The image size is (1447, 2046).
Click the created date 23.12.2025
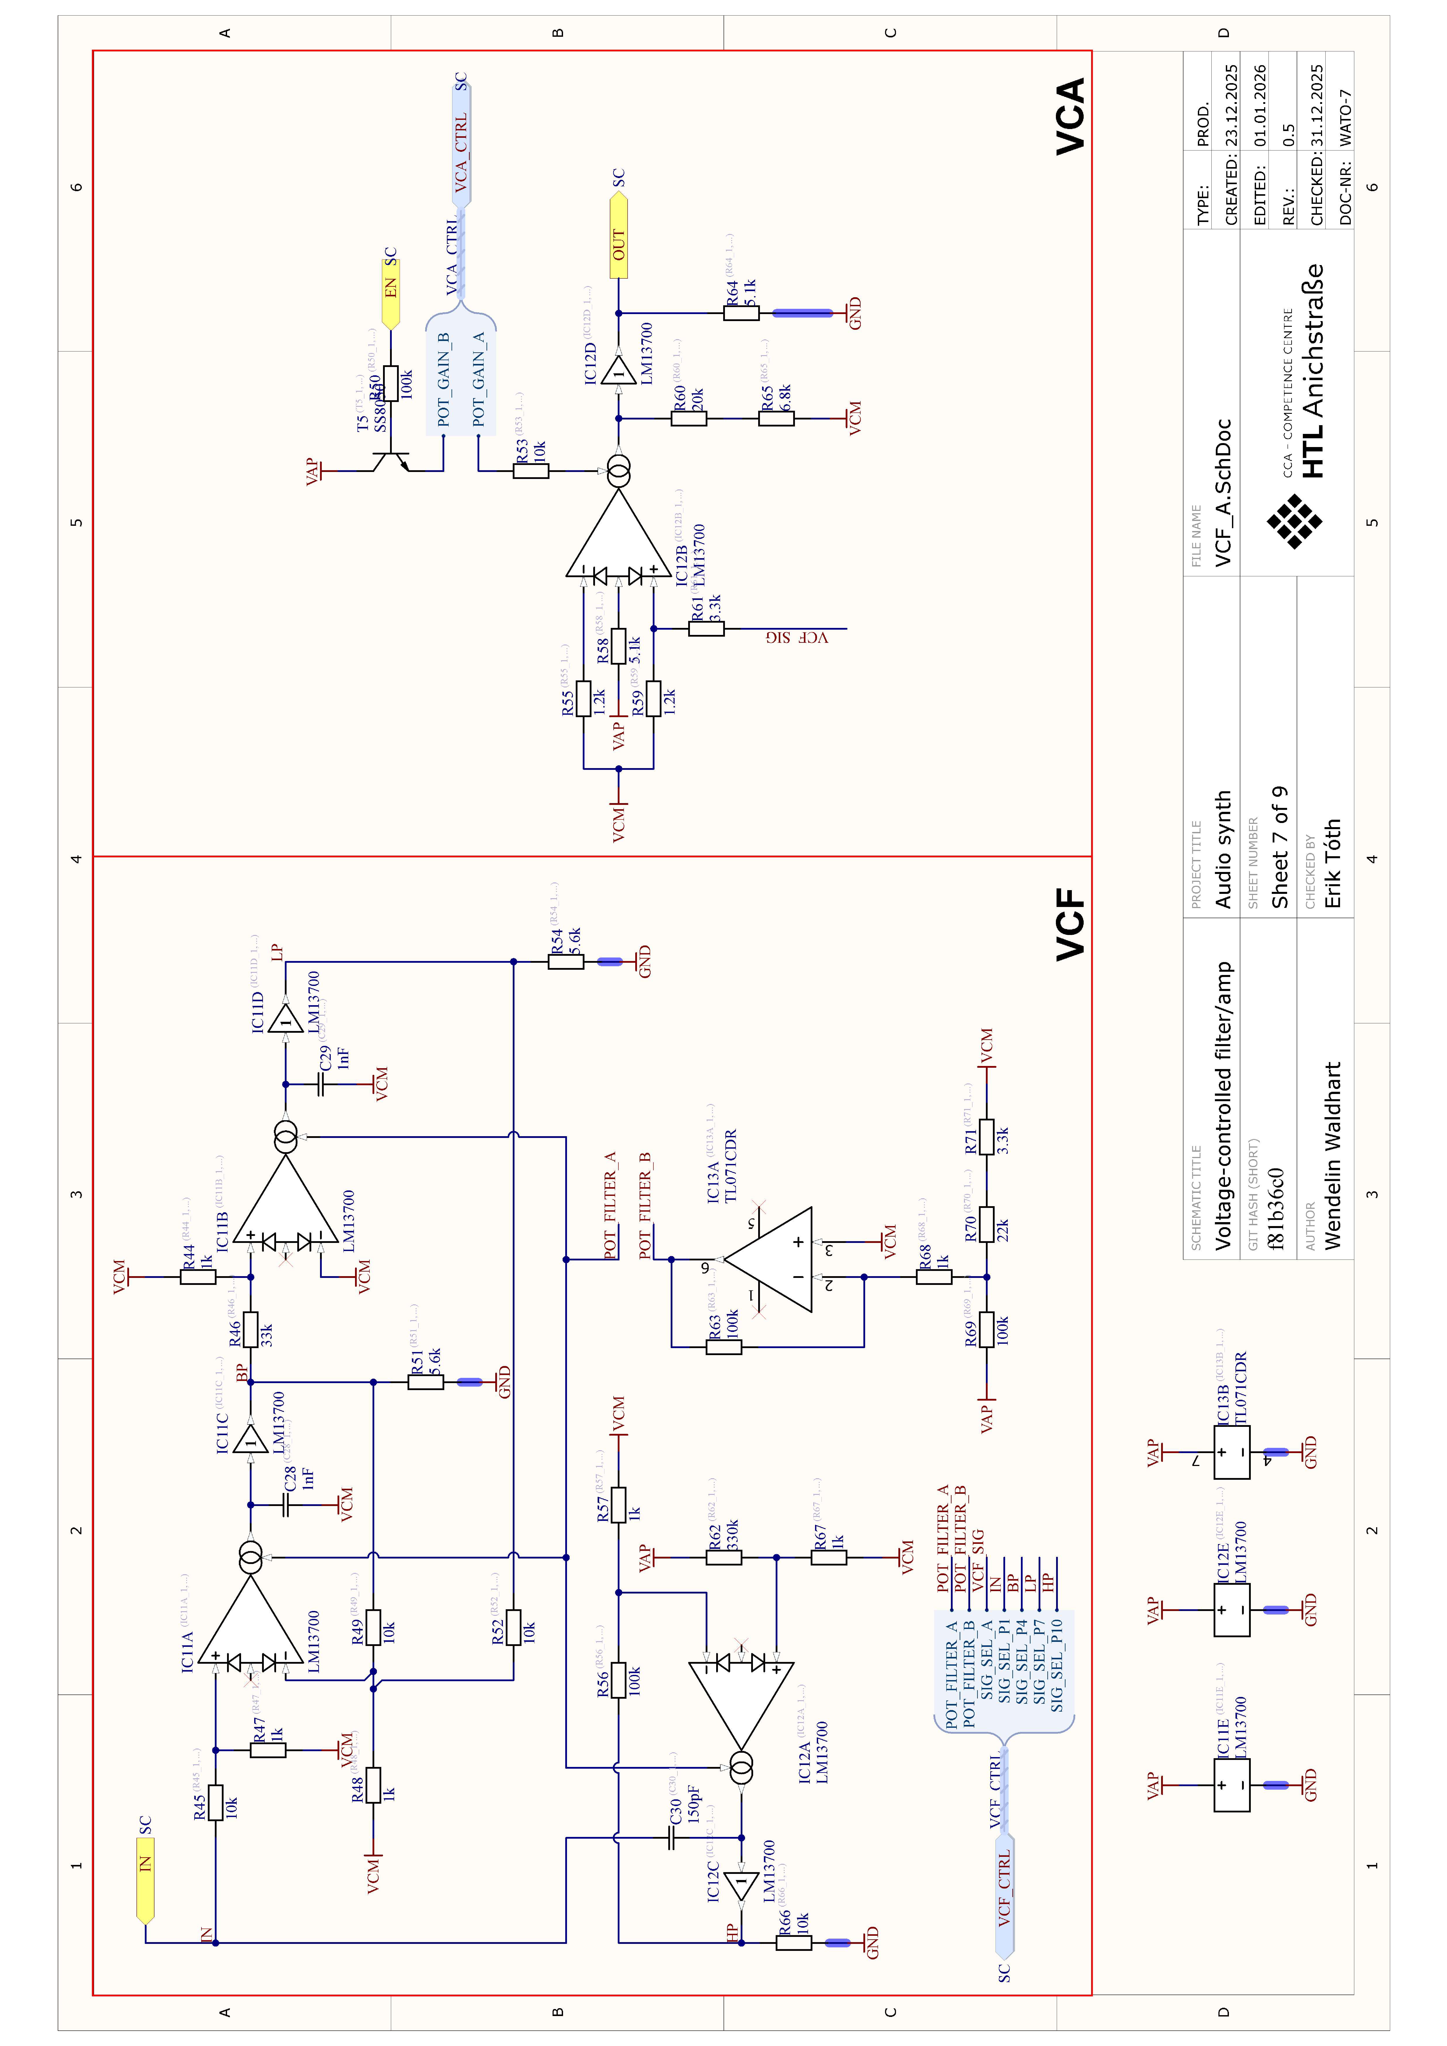point(1231,105)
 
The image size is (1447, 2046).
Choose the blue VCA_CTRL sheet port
point(461,147)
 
